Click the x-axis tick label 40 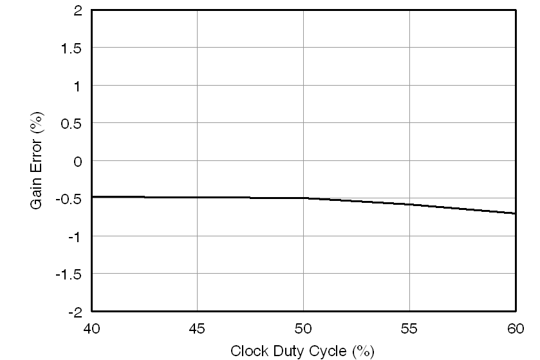(91, 329)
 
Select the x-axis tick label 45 (197, 329)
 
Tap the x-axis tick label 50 (303, 329)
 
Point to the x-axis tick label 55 (409, 329)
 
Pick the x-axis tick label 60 (515, 329)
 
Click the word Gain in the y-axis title (38, 194)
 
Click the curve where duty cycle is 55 (409, 204)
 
